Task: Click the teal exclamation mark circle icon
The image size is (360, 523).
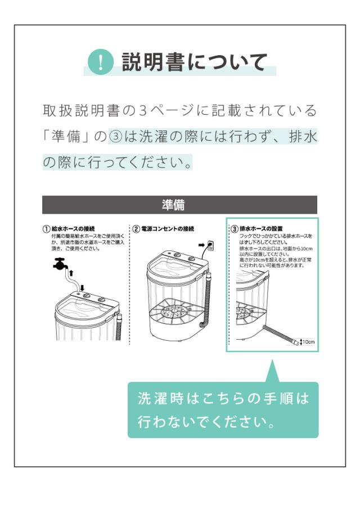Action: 101,62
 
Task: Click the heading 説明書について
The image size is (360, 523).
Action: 195,62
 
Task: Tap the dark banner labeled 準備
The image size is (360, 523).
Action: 179,205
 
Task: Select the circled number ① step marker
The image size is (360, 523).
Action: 46,229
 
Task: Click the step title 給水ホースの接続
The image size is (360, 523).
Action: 73,229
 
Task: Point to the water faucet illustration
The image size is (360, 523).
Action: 60,264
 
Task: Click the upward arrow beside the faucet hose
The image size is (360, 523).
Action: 71,273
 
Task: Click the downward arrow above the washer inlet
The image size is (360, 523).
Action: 83,287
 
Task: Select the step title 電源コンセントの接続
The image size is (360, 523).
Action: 168,229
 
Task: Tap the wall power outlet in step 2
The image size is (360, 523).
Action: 210,245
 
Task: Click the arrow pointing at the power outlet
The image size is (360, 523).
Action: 202,245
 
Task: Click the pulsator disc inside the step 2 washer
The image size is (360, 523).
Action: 172,312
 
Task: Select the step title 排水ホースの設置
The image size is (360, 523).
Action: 261,229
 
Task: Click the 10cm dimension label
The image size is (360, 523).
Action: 309,342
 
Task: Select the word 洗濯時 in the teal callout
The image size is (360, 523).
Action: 160,398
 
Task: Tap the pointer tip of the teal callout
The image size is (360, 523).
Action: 273,359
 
